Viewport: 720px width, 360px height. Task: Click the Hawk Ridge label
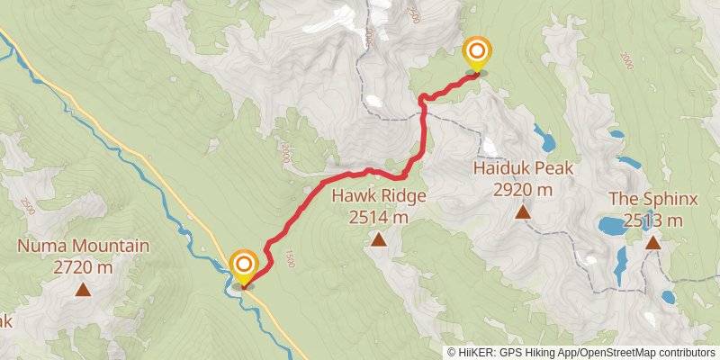(x=378, y=197)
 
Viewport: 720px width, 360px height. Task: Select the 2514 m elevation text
(x=378, y=217)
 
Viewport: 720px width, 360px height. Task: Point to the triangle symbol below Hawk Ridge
(x=379, y=240)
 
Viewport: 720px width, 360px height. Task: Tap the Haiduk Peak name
(x=522, y=168)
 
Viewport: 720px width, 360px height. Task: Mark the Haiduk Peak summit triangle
(x=522, y=212)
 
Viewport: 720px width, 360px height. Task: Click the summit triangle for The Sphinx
(x=652, y=242)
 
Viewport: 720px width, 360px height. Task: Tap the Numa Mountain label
(x=83, y=246)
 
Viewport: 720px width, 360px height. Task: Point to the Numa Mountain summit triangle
(x=83, y=290)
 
